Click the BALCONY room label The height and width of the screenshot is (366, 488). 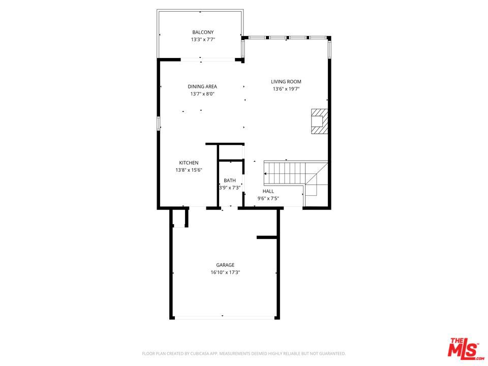pyautogui.click(x=203, y=33)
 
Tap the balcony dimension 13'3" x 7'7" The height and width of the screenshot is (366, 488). pyautogui.click(x=203, y=40)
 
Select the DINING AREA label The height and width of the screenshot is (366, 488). pyautogui.click(x=202, y=86)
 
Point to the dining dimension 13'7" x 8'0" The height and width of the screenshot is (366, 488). pyautogui.click(x=202, y=94)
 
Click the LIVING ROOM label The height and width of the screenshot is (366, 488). pyautogui.click(x=286, y=81)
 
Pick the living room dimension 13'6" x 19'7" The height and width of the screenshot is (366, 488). pyautogui.click(x=286, y=88)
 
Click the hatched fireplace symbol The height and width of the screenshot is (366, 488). pyautogui.click(x=320, y=121)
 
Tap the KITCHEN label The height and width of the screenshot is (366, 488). pyautogui.click(x=189, y=163)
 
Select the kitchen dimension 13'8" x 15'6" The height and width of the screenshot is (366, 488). pyautogui.click(x=189, y=170)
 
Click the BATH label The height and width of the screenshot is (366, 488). pyautogui.click(x=230, y=180)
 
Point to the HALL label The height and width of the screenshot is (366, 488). pyautogui.click(x=268, y=191)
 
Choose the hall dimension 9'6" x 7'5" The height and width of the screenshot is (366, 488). pyautogui.click(x=268, y=198)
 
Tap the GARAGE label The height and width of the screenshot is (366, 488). pyautogui.click(x=225, y=265)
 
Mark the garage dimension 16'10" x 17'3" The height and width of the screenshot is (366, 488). pyautogui.click(x=225, y=272)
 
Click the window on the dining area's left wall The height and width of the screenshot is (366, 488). pyautogui.click(x=159, y=123)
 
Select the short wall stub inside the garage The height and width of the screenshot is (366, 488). pyautogui.click(x=267, y=237)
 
